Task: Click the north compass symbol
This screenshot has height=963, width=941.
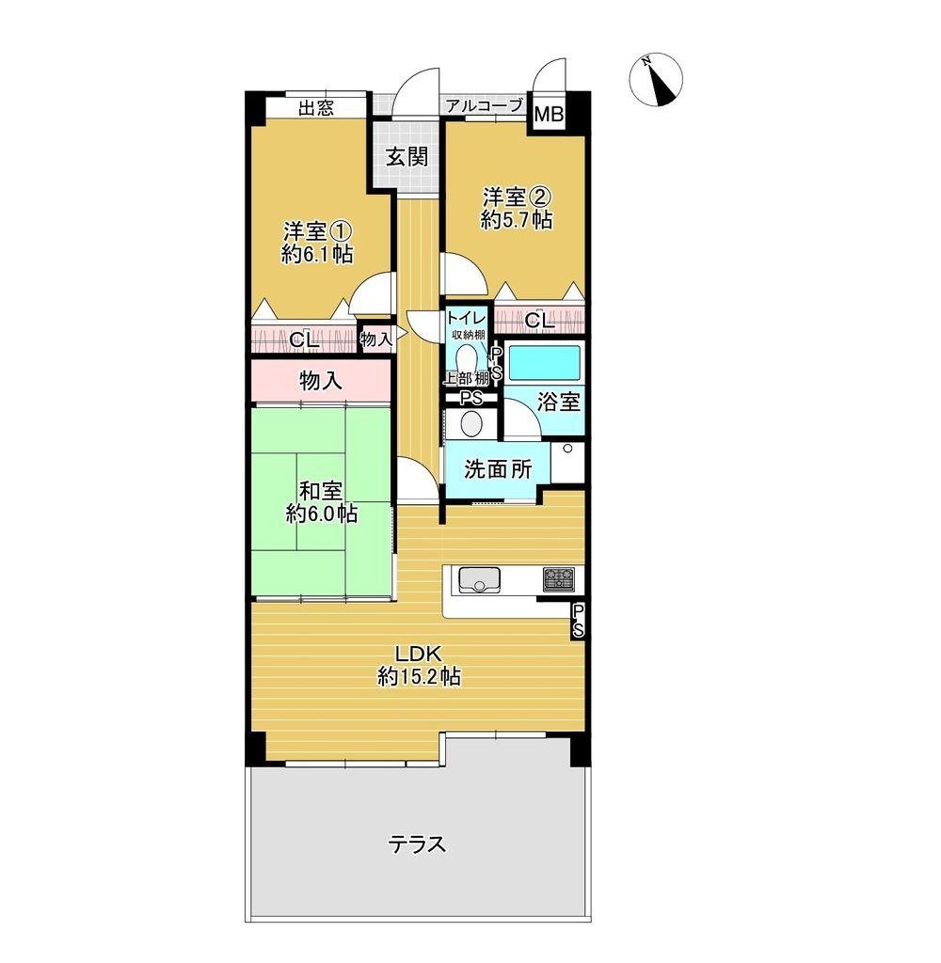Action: tap(656, 80)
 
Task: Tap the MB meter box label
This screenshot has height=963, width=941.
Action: tap(549, 114)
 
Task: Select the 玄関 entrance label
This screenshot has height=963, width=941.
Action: tap(407, 157)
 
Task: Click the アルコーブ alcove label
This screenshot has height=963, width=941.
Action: tap(485, 105)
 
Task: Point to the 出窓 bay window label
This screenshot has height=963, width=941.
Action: tap(316, 109)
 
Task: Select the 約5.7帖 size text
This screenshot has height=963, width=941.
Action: tap(517, 219)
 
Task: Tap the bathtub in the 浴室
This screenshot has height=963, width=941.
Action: tap(545, 363)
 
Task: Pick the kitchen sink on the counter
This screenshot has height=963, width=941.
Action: tap(479, 579)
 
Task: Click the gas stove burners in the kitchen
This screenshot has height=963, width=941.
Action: tap(559, 578)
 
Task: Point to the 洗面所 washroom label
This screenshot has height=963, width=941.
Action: tap(498, 469)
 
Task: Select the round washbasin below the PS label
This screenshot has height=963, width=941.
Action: tap(472, 424)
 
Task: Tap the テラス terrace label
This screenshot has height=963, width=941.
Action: tap(417, 845)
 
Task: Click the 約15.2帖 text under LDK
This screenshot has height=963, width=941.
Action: tap(419, 676)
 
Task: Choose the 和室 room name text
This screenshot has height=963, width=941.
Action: tap(320, 491)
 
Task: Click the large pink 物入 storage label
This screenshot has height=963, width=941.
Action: tap(320, 382)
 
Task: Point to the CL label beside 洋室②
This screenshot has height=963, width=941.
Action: tap(539, 320)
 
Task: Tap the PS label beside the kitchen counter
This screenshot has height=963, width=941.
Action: tap(579, 621)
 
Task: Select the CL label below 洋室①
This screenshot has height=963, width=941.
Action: tap(304, 340)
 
